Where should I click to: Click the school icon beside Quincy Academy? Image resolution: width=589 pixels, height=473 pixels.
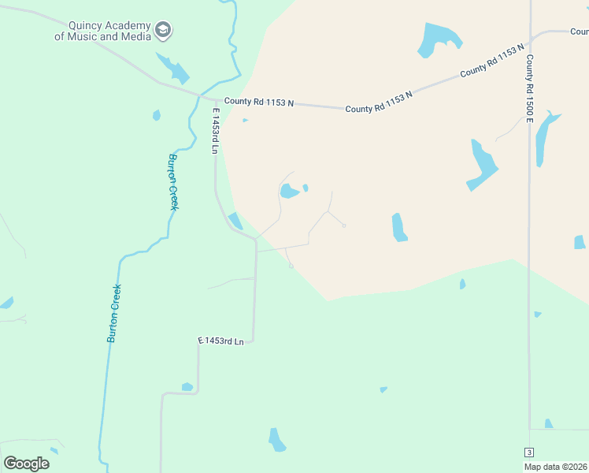[163, 31]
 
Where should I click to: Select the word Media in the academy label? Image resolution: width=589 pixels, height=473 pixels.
[135, 36]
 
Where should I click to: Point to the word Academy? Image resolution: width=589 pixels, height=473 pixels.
[129, 25]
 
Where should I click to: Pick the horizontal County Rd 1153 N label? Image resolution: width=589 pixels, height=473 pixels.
[258, 102]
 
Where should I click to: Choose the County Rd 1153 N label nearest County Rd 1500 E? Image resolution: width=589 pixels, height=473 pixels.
[492, 61]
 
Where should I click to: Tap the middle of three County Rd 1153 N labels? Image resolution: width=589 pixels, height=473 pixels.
[379, 102]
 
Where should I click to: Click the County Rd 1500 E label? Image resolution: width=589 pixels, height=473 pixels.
[530, 88]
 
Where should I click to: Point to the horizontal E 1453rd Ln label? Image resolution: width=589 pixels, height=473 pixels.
[221, 341]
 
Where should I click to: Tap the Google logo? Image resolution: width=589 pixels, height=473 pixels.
[26, 464]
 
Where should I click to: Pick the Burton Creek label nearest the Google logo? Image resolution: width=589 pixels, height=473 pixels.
[115, 313]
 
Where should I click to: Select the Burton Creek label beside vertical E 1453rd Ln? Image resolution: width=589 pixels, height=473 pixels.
[172, 181]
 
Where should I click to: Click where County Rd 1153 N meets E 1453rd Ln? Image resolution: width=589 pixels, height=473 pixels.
[215, 99]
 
